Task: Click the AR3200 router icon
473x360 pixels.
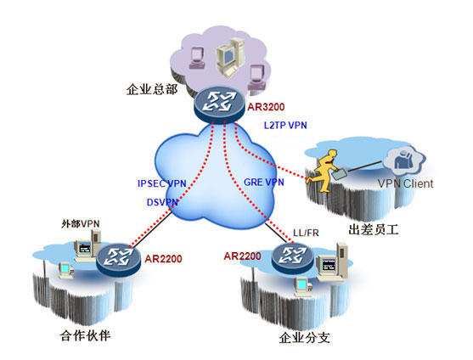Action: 219,104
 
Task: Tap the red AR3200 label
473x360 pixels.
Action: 266,107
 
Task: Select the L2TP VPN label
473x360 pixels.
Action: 285,125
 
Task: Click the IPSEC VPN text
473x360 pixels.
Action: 161,183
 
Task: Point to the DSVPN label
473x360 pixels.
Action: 162,202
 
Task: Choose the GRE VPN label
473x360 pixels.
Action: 263,182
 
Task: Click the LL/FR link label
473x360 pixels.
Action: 306,233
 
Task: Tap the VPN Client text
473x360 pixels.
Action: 405,183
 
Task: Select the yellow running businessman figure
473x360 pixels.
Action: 323,171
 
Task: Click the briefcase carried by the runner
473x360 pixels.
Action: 339,174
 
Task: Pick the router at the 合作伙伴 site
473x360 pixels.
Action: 118,260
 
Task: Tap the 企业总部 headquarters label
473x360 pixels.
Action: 152,89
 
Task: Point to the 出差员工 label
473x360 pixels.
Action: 374,229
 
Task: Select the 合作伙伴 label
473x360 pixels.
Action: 85,335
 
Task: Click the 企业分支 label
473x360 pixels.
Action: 304,337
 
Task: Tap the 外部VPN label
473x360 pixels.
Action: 80,223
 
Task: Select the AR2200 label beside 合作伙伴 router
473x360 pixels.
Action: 163,259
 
